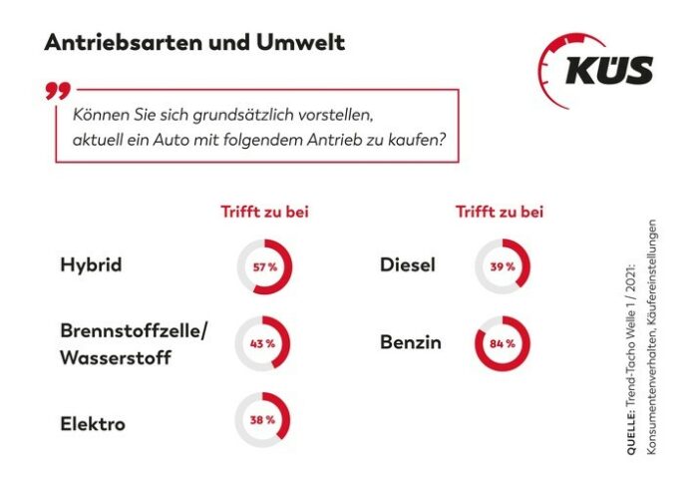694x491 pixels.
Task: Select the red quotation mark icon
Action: tap(56, 92)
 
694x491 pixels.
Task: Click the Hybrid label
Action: tap(91, 266)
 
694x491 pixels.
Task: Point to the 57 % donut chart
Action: tap(263, 267)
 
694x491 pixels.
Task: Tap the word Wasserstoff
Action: tap(115, 357)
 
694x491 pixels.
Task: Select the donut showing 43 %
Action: tap(262, 344)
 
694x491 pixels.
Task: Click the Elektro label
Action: tap(93, 423)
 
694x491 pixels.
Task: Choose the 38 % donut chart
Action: tap(262, 421)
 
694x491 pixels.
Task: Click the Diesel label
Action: tap(410, 266)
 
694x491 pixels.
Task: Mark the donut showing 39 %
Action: tap(502, 266)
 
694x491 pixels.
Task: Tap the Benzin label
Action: tap(411, 343)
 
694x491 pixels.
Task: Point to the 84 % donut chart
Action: tap(502, 344)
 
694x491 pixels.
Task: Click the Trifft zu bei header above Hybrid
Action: tap(263, 212)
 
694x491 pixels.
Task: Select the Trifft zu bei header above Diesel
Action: tap(500, 212)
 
